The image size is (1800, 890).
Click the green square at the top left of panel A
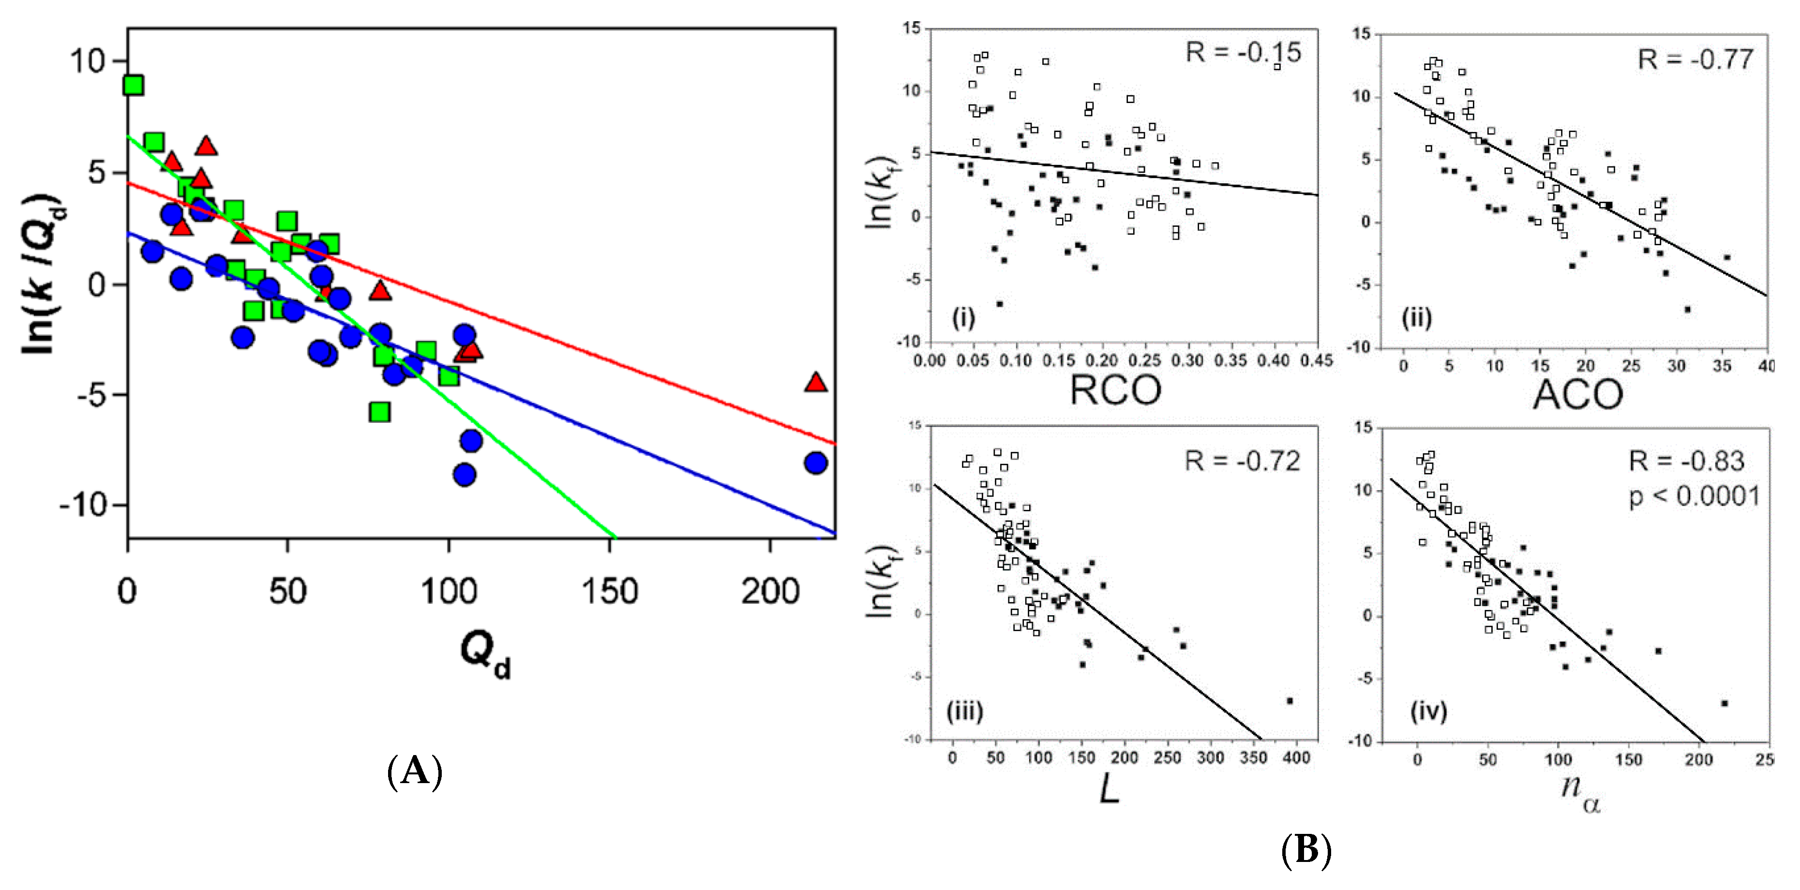[133, 85]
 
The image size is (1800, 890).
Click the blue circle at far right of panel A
[815, 462]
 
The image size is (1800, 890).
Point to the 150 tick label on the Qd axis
[609, 592]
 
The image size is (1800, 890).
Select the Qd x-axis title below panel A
[485, 653]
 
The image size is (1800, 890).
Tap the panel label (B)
[1305, 850]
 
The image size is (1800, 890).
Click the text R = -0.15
[1243, 52]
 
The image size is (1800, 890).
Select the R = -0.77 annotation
[1695, 59]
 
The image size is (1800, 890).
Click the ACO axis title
[1578, 395]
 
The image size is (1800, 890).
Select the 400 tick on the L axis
[1296, 758]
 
